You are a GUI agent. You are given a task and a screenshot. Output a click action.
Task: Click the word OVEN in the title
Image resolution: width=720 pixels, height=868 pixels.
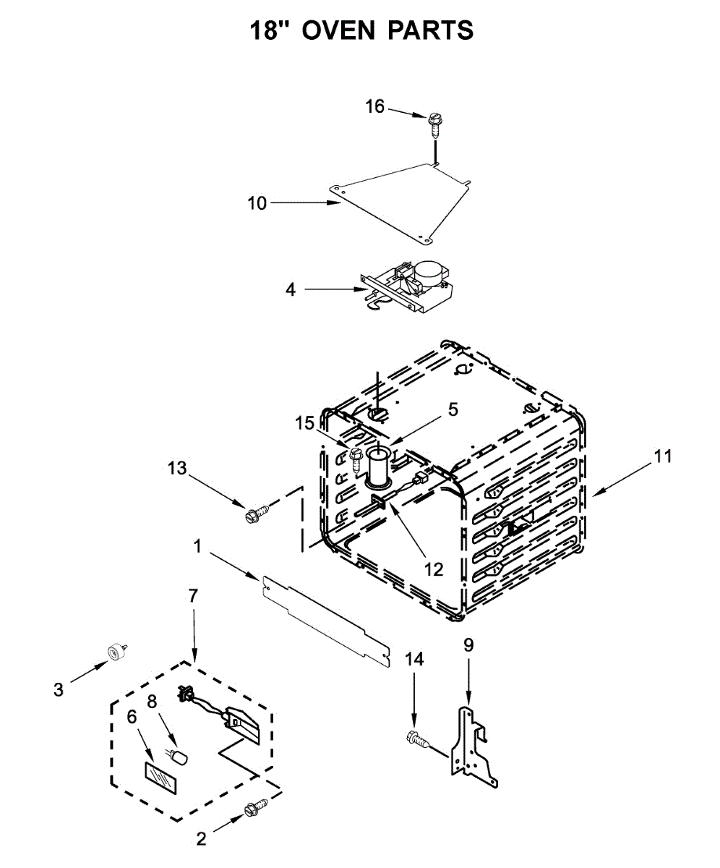[338, 30]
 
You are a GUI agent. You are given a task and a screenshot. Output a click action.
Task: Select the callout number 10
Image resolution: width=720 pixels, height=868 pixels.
[257, 203]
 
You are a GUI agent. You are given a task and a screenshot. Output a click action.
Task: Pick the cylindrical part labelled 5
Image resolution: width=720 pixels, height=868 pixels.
[379, 467]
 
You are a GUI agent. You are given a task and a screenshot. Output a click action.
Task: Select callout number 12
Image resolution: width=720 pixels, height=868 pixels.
[433, 569]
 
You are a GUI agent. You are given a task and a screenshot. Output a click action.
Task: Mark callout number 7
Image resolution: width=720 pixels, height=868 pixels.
[193, 597]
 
